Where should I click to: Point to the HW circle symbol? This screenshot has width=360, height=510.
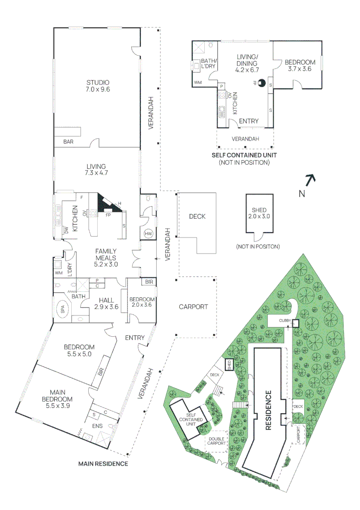(148, 234)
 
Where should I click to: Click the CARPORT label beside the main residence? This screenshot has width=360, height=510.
(193, 306)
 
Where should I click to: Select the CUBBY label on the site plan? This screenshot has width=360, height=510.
(285, 321)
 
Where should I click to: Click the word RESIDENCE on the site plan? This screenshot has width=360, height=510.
(268, 410)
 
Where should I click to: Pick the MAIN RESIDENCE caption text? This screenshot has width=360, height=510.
(103, 464)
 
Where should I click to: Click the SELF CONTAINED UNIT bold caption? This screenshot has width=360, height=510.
(244, 155)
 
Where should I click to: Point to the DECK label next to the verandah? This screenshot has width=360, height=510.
(197, 216)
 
